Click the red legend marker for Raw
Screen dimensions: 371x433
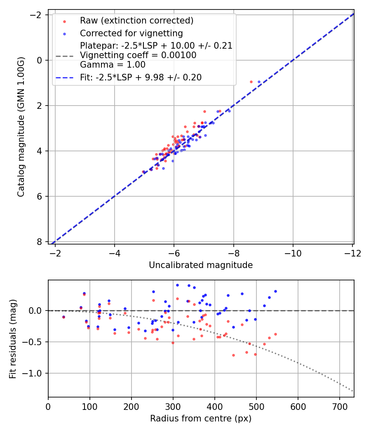pos(65,21)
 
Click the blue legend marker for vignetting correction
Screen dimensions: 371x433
pos(65,34)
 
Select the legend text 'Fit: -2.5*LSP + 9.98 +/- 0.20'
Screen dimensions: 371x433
pos(141,78)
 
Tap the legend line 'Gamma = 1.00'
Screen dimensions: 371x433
pos(113,65)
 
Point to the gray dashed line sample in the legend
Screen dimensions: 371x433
pos(65,56)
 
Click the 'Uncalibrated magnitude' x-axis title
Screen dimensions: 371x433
pos(201,265)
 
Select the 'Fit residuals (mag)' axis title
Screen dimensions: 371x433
pos(13,339)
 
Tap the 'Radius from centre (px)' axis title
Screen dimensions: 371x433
pos(201,419)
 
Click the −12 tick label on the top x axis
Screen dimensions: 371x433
pos(352,254)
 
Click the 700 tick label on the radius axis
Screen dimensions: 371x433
pos(340,407)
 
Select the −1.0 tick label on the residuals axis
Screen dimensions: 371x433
pos(32,373)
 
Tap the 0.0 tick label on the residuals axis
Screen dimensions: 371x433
pos(35,311)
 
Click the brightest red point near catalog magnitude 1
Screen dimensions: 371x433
pos(251,82)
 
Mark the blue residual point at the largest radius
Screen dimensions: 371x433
pos(275,291)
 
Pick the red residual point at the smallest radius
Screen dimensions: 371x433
pos(64,317)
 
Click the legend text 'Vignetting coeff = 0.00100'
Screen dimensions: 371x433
pos(138,55)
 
